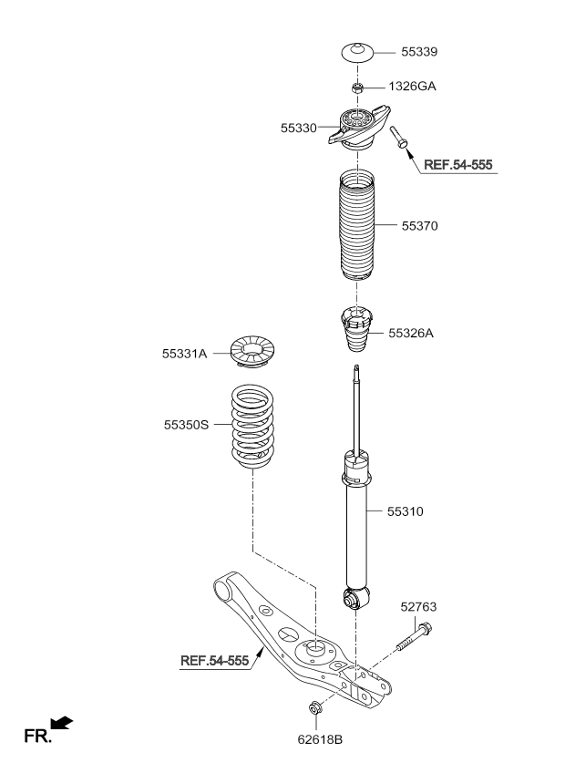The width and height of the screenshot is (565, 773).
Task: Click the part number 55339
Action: [419, 52]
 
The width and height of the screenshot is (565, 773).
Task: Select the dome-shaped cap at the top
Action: [358, 53]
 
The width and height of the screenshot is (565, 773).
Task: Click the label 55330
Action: [298, 129]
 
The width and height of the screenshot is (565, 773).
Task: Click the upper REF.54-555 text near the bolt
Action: [458, 165]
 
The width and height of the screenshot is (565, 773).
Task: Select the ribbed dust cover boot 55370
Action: [357, 226]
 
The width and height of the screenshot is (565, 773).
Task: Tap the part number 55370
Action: [419, 226]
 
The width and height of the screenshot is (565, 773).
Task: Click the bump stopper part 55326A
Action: [357, 329]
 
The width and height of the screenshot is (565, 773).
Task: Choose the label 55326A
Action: [411, 334]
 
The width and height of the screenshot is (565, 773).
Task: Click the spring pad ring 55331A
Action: [252, 351]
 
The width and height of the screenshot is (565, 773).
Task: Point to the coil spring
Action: [252, 427]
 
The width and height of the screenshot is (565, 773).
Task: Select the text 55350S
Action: [187, 425]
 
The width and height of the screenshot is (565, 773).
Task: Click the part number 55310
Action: [406, 511]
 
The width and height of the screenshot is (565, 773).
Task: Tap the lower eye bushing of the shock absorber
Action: [355, 599]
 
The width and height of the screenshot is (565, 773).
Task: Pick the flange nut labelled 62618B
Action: [314, 708]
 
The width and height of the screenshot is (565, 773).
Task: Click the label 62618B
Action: [320, 739]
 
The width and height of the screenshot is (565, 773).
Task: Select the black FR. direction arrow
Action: [62, 723]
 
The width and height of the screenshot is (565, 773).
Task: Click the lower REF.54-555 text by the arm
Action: [214, 661]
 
